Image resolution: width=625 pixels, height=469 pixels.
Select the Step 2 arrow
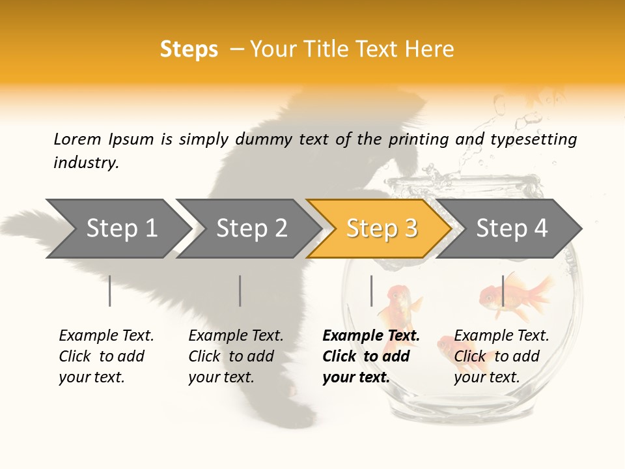coord(251,229)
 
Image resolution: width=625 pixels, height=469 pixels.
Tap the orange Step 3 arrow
coord(381,229)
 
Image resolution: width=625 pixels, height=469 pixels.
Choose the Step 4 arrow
coord(512,229)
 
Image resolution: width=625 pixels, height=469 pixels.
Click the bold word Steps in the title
coord(189,50)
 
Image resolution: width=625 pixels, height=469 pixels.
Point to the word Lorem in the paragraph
coord(77,139)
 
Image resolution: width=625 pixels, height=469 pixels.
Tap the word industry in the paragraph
coord(85,162)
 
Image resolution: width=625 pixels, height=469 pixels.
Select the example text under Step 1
coord(106,356)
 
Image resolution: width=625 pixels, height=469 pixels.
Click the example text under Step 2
coord(236,356)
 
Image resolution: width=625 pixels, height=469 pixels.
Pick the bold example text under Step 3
coord(371,356)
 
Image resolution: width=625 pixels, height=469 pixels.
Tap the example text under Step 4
coord(501,356)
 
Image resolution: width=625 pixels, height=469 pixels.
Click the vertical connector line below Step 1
coord(110,291)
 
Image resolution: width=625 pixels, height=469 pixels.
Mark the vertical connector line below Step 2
coord(240,291)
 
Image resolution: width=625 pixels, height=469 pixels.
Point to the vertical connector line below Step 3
coord(371,291)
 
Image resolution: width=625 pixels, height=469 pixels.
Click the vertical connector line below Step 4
coord(503,291)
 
